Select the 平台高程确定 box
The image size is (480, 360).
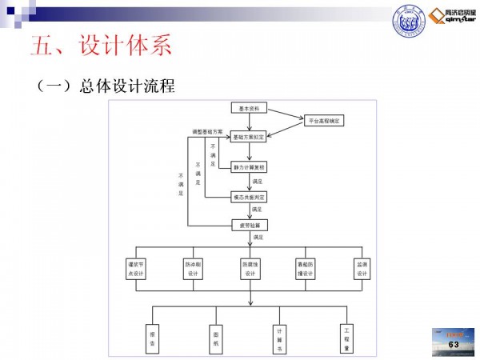point(324,121)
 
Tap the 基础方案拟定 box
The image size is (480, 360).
point(250,137)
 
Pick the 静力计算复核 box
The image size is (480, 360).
point(250,167)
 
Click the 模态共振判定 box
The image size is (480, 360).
point(250,197)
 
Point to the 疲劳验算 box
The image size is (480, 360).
point(250,225)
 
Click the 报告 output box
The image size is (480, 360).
point(152,336)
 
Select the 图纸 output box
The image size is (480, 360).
point(215,336)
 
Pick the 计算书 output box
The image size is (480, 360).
point(280,336)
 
